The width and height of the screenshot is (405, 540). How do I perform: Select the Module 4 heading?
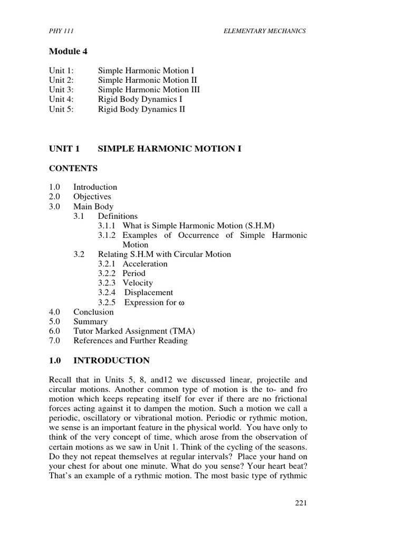coord(68,51)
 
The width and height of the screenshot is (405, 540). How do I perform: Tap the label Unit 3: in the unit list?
coord(62,90)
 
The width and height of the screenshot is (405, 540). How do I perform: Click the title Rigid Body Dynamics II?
coord(141,109)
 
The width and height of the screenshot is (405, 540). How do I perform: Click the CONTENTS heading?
coord(73,168)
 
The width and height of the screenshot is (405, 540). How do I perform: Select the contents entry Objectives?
coord(92,197)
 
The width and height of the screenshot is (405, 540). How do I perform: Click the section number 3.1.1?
coord(108,226)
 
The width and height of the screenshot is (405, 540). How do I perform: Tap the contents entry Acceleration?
coord(145,264)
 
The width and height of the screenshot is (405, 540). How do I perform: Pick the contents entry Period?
coord(134,273)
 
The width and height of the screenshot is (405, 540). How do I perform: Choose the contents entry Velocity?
coord(138,283)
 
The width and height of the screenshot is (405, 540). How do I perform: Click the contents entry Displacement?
coord(148,292)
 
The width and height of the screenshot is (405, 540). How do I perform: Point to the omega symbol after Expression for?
coord(184,303)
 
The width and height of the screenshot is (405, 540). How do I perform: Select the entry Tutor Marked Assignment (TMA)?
coord(134,331)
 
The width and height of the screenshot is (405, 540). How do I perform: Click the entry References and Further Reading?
coord(130,341)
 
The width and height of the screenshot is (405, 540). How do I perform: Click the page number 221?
coord(300,503)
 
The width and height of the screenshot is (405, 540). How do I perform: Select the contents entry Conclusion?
coord(93,312)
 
